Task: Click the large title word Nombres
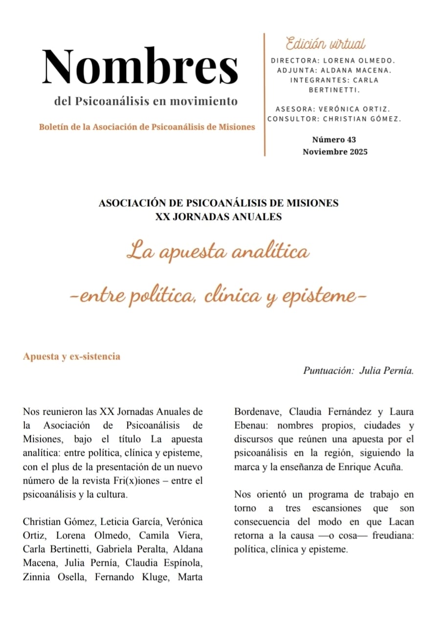click(x=140, y=67)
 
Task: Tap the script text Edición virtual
click(x=326, y=44)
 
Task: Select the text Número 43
click(x=334, y=139)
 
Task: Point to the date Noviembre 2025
click(x=335, y=152)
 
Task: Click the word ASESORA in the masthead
click(x=291, y=109)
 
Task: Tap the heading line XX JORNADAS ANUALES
click(x=219, y=217)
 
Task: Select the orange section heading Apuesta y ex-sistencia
click(x=71, y=356)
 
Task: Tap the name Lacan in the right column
click(x=401, y=521)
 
